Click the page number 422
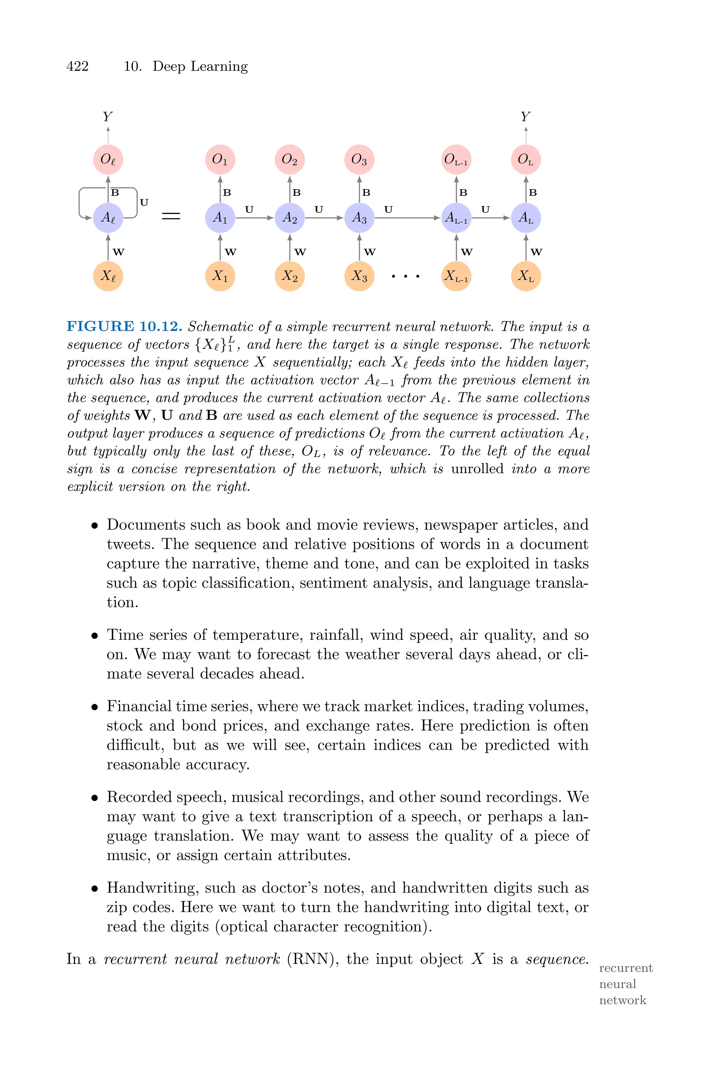(x=77, y=66)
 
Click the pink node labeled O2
(x=290, y=159)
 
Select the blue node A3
(x=359, y=218)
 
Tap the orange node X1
(x=220, y=276)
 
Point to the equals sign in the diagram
(x=171, y=217)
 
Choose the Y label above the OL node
(x=525, y=117)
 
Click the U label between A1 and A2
(x=249, y=209)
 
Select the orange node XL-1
(x=456, y=276)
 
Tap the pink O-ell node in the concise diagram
(x=108, y=159)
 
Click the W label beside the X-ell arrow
(x=119, y=251)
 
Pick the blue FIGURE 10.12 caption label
(x=124, y=327)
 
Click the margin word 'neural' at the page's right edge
(x=617, y=984)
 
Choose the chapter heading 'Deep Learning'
(x=200, y=66)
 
